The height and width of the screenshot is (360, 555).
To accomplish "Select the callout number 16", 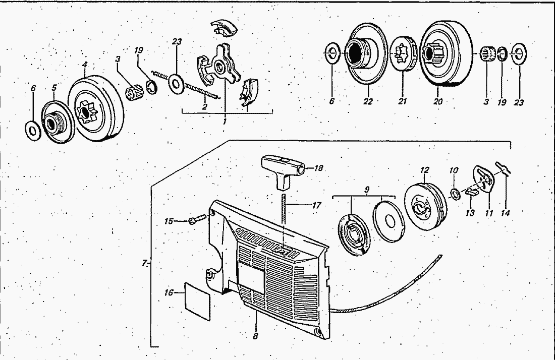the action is tap(169, 292).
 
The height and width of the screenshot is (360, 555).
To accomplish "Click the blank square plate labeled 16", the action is tap(197, 302).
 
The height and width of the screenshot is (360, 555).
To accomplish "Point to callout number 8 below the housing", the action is tap(256, 336).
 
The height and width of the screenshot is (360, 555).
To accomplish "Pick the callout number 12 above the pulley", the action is tap(424, 170).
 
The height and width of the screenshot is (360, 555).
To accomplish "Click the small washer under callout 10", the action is tap(455, 193).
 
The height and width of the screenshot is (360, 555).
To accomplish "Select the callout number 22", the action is tap(368, 101).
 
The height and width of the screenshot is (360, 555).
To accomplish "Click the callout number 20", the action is tap(438, 101).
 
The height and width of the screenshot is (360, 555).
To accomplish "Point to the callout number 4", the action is tap(85, 65).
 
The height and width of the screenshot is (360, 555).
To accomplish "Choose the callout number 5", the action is tap(54, 87).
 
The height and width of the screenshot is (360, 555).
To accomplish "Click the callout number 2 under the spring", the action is tap(204, 106).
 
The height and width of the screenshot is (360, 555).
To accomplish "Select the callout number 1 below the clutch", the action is tap(225, 122).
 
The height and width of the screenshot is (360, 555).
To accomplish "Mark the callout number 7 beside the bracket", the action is tap(144, 263).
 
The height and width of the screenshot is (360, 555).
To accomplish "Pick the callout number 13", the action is tap(470, 213).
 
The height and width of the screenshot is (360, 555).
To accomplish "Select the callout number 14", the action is tap(505, 213).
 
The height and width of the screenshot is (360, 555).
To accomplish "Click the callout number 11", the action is tap(489, 213).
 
